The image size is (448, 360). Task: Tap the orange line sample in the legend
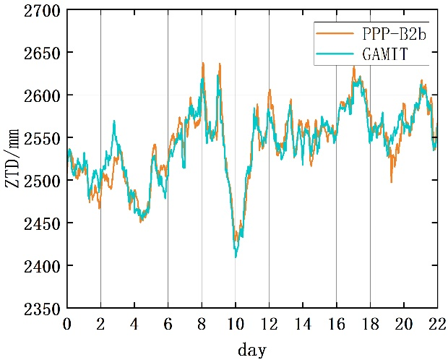(329, 33)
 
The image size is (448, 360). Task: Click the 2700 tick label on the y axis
(44, 11)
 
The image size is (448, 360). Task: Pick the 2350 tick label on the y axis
(44, 309)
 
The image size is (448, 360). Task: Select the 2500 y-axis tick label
(44, 181)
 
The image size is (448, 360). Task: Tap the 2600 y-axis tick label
(44, 96)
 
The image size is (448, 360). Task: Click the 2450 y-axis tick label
(44, 224)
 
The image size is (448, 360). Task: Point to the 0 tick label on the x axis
(67, 323)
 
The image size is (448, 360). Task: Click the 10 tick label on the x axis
(236, 323)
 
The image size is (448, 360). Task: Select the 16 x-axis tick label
(336, 323)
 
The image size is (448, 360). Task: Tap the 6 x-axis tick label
(168, 323)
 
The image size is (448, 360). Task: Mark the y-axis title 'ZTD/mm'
(13, 160)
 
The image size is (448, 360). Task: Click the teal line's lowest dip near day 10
(236, 257)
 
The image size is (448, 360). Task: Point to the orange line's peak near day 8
(203, 63)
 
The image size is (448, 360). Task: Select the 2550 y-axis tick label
(44, 139)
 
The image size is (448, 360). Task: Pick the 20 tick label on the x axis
(403, 323)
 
